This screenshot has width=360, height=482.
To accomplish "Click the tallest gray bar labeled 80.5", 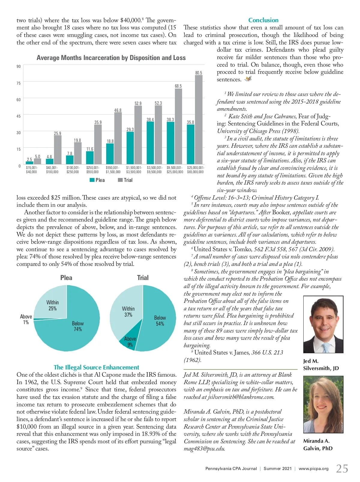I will click(x=199, y=120).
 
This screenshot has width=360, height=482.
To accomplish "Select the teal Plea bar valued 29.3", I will click(x=130, y=148).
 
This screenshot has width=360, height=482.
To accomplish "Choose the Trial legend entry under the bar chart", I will click(x=125, y=180).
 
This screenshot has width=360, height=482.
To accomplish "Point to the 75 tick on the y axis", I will click(x=19, y=83).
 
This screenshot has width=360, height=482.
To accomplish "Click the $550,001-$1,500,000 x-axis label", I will click(x=113, y=170).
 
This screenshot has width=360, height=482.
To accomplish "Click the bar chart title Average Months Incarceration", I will click(x=111, y=58).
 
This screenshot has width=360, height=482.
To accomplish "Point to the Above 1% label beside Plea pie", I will click(x=26, y=319).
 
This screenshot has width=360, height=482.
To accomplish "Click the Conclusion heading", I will click(x=263, y=20).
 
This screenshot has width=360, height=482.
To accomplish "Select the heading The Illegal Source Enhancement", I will click(x=96, y=367).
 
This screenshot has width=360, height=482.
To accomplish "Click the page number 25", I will click(x=342, y=468).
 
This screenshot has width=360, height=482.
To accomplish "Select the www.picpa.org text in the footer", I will click(x=313, y=468).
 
